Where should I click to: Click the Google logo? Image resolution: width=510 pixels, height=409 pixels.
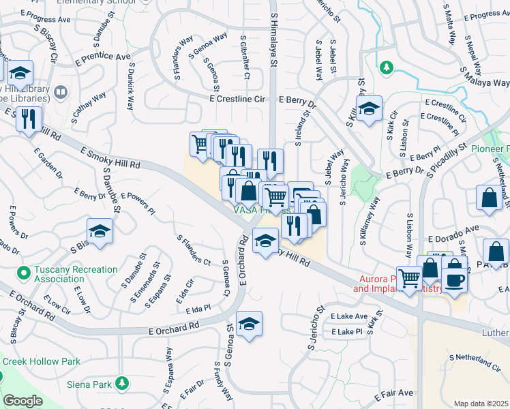[x=22, y=401]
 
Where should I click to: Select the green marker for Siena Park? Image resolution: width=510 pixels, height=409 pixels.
[x=122, y=384]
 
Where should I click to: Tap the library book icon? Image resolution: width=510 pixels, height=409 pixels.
[x=60, y=91]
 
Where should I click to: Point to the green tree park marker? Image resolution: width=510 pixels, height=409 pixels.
[x=386, y=67]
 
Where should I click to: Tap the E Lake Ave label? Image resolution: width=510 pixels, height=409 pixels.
[x=348, y=317]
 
